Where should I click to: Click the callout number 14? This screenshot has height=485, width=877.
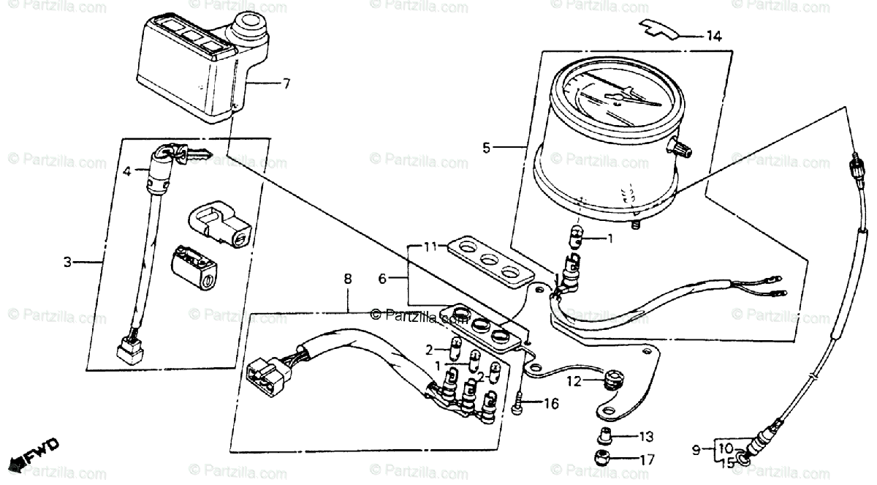point(713,36)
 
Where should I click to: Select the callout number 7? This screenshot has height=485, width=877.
point(286,83)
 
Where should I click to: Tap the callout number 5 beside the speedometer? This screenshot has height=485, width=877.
point(487,148)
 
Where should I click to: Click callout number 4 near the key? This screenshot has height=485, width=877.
point(126,172)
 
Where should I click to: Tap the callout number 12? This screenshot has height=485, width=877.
point(574,380)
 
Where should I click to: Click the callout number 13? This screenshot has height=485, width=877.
point(645,437)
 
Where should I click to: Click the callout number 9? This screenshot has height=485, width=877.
point(697,448)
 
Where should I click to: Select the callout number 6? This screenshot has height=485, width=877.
point(383,278)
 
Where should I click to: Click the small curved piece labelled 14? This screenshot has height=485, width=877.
point(661,28)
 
